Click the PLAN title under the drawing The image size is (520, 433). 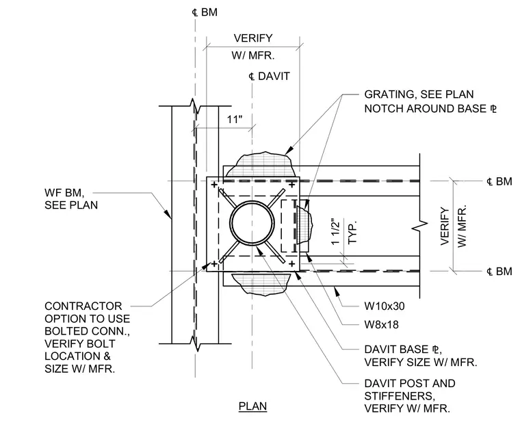[252, 406]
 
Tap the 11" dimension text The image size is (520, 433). [235, 119]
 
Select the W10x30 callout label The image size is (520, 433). [385, 306]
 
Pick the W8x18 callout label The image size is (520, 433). [381, 325]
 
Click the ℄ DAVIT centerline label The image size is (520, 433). [270, 76]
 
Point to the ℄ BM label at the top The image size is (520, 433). [205, 12]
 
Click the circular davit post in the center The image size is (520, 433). [252, 223]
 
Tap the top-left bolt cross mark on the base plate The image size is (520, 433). [214, 185]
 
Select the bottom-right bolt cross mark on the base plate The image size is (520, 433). [292, 264]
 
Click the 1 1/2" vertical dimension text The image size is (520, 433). [336, 232]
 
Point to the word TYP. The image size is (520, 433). [352, 233]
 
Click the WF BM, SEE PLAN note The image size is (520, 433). [71, 199]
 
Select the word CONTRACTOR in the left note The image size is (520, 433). [83, 306]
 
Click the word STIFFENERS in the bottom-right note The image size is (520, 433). [400, 396]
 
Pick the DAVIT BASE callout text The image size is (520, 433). [421, 356]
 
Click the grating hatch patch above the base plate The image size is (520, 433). [264, 165]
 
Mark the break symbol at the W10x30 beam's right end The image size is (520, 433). [420, 227]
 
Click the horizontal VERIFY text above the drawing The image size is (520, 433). [253, 38]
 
